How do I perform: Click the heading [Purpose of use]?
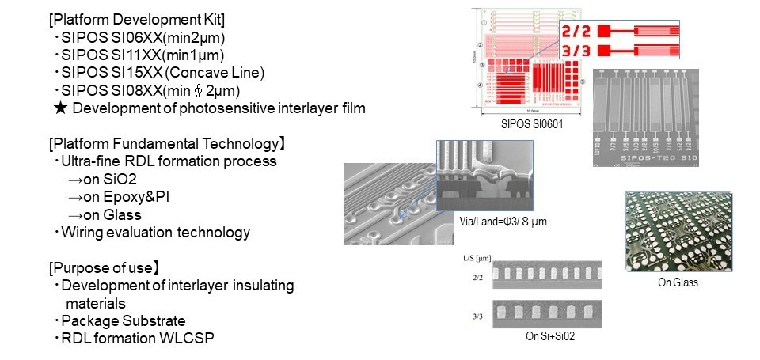point(111,267)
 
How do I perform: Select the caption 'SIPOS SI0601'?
point(526,126)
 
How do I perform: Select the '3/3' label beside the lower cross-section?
point(474,316)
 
